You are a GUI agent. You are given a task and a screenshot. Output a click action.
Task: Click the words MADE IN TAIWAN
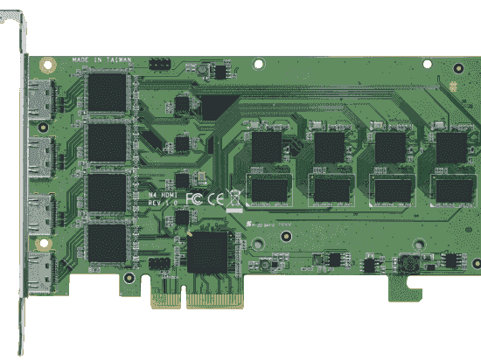[x=103, y=60]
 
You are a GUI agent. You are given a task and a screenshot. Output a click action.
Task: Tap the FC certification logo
[x=195, y=198]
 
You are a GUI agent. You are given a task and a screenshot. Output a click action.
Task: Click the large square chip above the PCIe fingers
[x=208, y=253]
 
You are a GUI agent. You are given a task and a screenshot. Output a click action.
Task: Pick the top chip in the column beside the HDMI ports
[x=108, y=90]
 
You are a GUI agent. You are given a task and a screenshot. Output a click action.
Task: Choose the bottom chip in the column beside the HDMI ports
[x=108, y=242]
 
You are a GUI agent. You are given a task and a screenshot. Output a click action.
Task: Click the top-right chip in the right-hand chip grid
[x=451, y=146]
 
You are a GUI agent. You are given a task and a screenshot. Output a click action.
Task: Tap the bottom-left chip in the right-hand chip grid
[x=268, y=188]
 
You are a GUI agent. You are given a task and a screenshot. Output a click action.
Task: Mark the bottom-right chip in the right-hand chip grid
[x=451, y=188]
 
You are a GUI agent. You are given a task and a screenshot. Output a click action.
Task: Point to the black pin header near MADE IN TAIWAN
[x=159, y=64]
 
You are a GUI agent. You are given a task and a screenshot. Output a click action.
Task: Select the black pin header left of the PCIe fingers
[x=159, y=263]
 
